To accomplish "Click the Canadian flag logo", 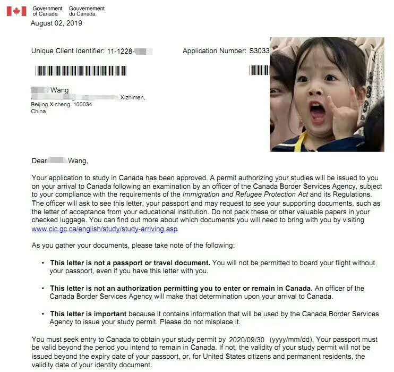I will [16, 11].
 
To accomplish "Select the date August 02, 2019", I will [56, 23].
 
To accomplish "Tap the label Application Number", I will [215, 51].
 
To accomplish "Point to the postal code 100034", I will [83, 105].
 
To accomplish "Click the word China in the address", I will [39, 112].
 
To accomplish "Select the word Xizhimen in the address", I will [133, 98].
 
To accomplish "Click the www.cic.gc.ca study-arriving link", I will [105, 229].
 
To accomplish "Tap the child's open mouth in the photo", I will [318, 112].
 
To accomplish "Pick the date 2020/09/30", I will [246, 339].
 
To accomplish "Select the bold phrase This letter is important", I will [88, 314].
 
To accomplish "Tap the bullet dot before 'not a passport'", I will [42, 263].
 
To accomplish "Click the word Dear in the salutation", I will [40, 160].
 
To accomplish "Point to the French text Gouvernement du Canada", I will [87, 11].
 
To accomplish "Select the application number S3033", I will [260, 51].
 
